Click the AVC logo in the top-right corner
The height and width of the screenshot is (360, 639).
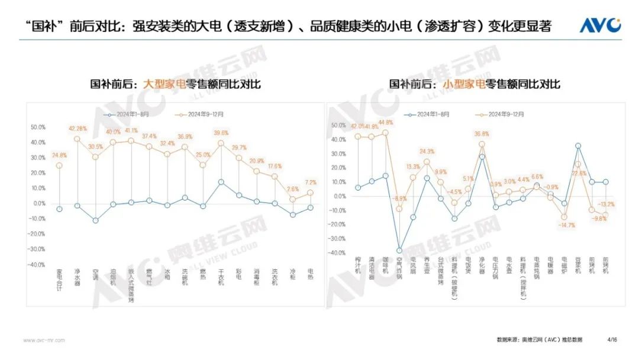point(599,25)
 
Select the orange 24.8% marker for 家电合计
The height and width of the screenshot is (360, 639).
point(59,166)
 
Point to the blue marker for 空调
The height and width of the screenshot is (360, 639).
point(95,220)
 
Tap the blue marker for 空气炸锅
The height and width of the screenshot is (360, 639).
point(399,250)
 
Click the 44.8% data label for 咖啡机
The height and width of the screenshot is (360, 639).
point(385,123)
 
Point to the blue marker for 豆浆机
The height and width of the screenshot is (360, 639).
point(578,146)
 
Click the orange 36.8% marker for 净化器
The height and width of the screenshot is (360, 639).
point(482,144)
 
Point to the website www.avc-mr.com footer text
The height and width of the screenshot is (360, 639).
point(44,340)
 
